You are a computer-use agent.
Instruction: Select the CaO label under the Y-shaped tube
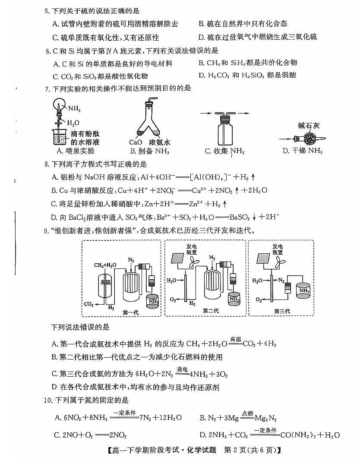136,142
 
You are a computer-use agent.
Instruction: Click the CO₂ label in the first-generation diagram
89,304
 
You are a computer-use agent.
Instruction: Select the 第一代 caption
130,312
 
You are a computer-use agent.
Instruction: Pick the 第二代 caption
211,311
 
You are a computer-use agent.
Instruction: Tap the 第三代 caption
282,311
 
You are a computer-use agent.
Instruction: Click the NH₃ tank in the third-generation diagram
304,291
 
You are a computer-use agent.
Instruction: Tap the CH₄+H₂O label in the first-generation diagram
105,265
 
